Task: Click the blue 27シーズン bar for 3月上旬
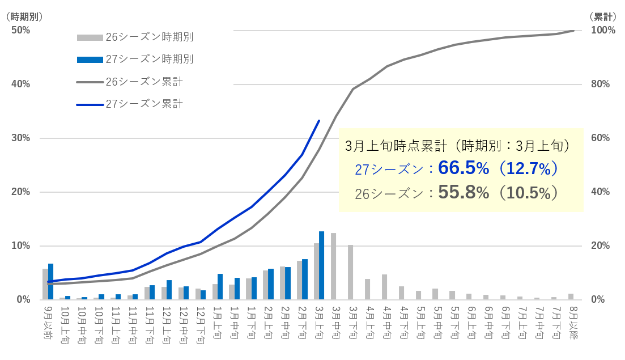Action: (x=321, y=265)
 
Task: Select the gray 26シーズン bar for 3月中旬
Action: (x=334, y=266)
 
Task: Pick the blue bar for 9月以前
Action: (x=50, y=282)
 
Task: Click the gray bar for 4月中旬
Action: (x=384, y=287)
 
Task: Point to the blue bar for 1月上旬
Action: (x=220, y=286)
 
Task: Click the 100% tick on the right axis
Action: (x=602, y=30)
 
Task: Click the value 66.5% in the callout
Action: (x=463, y=168)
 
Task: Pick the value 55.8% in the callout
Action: (x=463, y=193)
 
